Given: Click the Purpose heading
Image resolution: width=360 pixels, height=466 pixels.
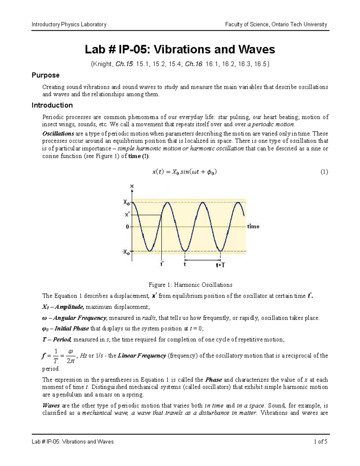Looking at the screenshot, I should point(46,75).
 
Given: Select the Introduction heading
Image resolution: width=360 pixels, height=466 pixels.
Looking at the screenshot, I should point(52,105).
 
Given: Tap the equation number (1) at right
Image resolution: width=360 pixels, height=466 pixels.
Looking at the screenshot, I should point(324,172).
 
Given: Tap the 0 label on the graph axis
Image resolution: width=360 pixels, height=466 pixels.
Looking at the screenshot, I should point(127,227).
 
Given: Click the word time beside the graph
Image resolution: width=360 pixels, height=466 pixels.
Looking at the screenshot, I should point(253,227).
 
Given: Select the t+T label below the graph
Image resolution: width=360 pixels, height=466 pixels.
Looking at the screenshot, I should point(220,265).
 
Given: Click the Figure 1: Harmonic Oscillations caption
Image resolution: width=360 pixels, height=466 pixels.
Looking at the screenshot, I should point(190,285).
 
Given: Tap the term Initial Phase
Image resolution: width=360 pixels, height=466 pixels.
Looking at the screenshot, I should point(71,329).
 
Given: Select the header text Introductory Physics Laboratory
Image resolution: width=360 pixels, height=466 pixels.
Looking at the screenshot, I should point(69,25).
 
